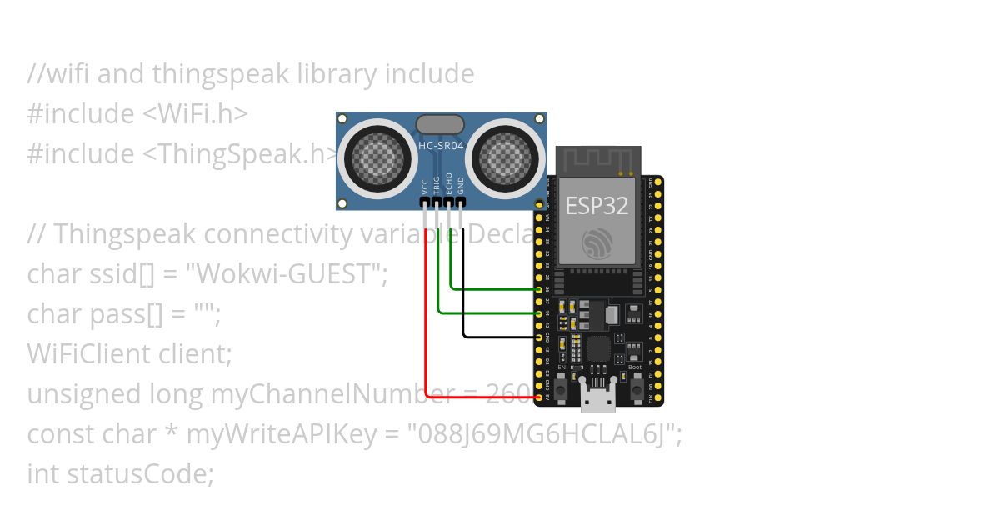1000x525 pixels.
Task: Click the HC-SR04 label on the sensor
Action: (x=441, y=145)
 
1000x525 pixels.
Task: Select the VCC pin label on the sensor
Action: (x=426, y=185)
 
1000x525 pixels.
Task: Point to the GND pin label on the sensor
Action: (x=462, y=185)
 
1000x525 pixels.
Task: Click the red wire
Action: (x=426, y=333)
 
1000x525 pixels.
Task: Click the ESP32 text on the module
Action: (x=597, y=206)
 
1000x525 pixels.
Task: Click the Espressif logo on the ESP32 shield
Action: (x=597, y=242)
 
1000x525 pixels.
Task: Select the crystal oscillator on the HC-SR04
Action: (x=440, y=124)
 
